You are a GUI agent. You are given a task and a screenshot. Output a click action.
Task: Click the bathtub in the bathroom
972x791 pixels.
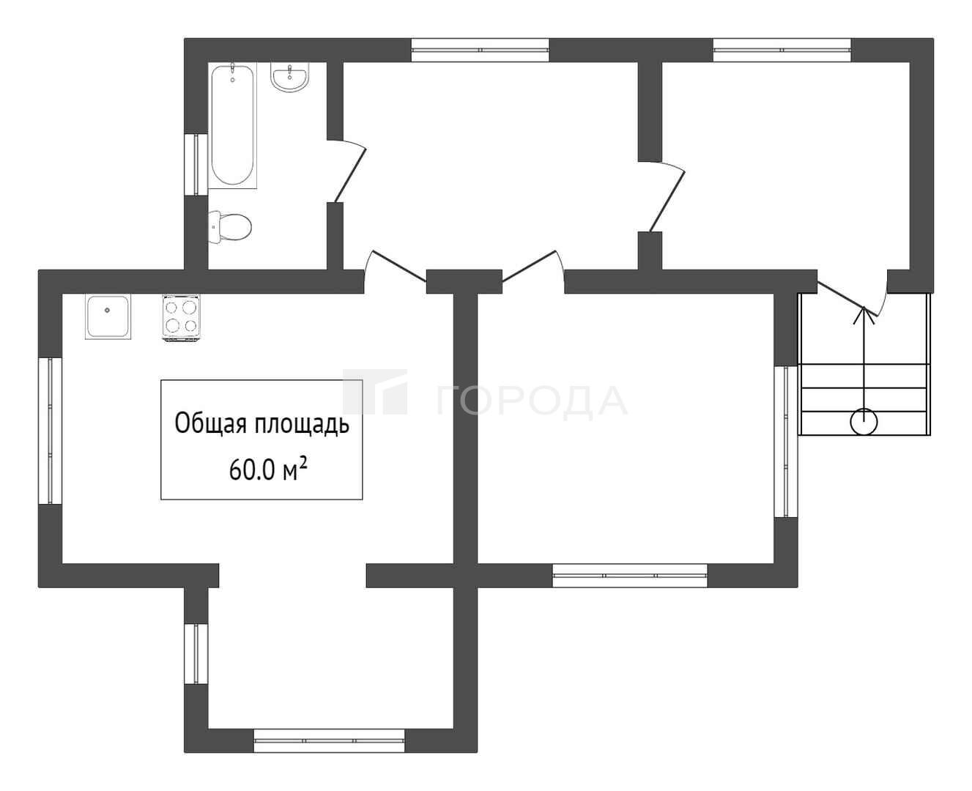click(x=232, y=125)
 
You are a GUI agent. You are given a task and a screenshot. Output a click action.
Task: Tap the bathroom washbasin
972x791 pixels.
click(x=290, y=77)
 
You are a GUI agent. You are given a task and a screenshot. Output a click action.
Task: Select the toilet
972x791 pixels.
click(x=230, y=227)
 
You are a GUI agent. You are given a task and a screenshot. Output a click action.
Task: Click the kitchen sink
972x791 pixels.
click(x=108, y=316)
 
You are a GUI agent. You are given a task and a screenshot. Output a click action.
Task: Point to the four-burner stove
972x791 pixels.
click(x=181, y=317)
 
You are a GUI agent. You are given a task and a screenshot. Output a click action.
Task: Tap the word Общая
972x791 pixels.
click(x=211, y=424)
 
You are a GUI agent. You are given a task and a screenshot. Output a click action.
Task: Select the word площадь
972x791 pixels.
click(x=302, y=425)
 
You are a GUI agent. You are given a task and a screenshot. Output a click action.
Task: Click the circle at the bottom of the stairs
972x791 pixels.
click(x=864, y=423)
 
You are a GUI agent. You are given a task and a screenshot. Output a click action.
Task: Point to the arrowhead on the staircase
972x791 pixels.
click(x=864, y=315)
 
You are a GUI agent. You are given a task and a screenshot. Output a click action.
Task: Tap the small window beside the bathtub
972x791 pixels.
click(x=196, y=164)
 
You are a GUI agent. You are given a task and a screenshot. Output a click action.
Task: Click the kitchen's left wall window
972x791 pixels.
click(x=51, y=431)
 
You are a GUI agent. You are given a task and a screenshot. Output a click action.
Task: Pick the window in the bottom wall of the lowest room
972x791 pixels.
click(x=329, y=740)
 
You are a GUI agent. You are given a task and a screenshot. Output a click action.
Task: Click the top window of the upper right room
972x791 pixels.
click(x=782, y=50)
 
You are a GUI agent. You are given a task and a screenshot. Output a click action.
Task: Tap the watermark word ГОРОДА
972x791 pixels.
click(x=532, y=401)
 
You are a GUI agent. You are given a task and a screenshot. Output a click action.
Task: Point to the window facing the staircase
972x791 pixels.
click(x=786, y=442)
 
